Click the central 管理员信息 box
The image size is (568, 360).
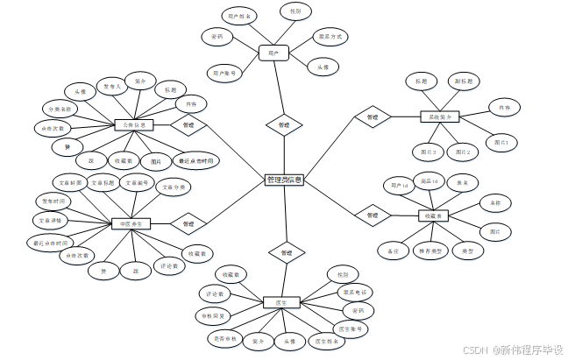point(284,180)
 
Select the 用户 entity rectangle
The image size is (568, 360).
point(273,53)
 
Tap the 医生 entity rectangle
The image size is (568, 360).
point(280,302)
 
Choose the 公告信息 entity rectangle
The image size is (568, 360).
point(134,125)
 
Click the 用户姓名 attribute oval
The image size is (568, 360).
point(238,17)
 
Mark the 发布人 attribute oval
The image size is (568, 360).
point(110,88)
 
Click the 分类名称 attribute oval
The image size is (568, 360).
point(60,109)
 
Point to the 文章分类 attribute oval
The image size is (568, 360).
point(172,187)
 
